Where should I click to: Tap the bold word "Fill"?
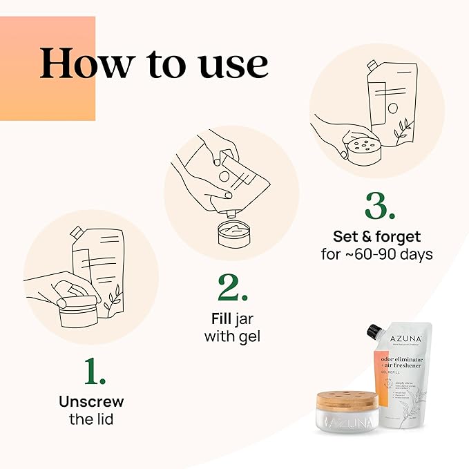[x=221, y=320]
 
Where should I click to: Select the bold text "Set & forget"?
[x=376, y=237]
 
